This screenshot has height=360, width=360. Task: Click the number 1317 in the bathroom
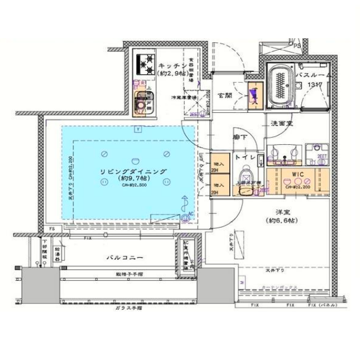pyautogui.click(x=315, y=85)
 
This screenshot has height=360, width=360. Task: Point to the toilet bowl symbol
pyautogui.click(x=246, y=177)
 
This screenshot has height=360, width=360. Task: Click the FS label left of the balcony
pyautogui.click(x=52, y=229)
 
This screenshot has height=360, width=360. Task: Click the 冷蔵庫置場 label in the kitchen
pyautogui.click(x=184, y=98)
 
